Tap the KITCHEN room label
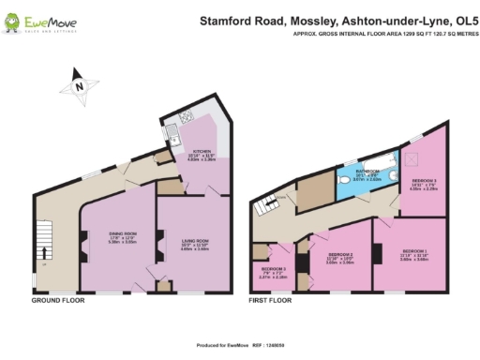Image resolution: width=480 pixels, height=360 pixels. tap(202, 151)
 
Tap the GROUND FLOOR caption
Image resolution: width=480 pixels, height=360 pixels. tap(58, 301)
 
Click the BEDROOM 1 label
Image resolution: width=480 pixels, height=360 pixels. tap(413, 251)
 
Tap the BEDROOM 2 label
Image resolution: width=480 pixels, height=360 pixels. tap(339, 254)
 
